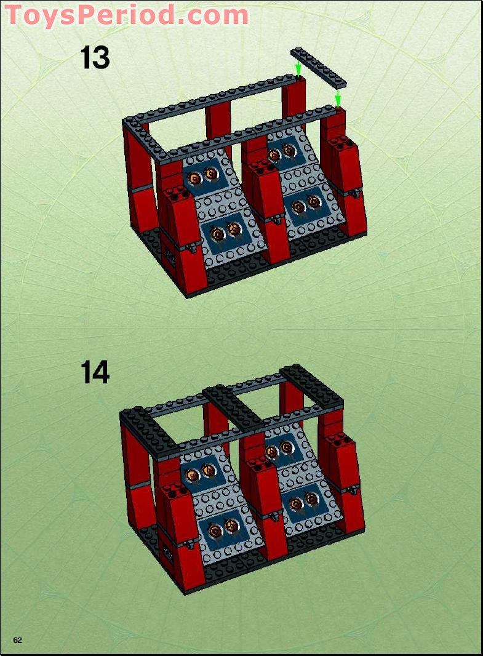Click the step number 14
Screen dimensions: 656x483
pos(95,372)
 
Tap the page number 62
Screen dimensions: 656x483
pos(17,640)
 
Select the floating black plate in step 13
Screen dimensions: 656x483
pos(319,66)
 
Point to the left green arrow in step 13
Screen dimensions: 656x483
pos(298,67)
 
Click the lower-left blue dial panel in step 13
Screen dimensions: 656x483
pos(225,231)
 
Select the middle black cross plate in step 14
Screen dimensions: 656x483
pos(234,406)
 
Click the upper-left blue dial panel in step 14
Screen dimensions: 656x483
pos(201,473)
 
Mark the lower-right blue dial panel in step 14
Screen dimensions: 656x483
pos(304,503)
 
